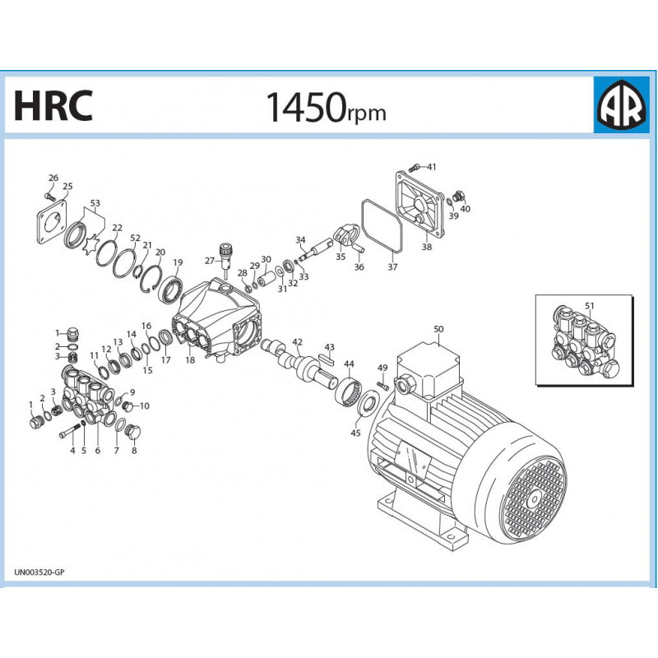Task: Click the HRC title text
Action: (x=53, y=105)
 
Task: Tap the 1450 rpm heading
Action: (x=325, y=107)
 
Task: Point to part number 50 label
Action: (x=438, y=329)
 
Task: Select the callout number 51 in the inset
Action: (x=589, y=306)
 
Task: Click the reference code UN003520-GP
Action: (x=39, y=572)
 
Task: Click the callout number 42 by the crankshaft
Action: (x=297, y=342)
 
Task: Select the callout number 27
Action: (x=208, y=260)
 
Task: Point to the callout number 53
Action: (x=95, y=202)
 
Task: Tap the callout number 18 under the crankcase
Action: (x=190, y=360)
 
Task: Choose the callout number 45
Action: (x=356, y=433)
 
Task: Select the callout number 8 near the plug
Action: (x=133, y=450)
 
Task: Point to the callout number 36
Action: (x=359, y=266)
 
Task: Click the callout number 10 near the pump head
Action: (x=144, y=405)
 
